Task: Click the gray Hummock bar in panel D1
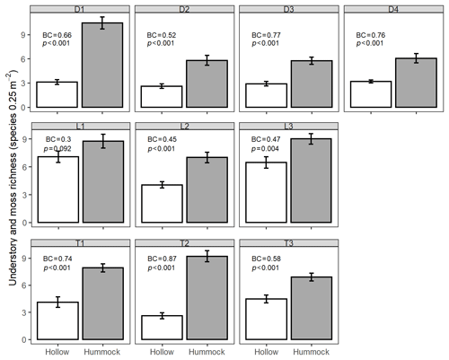[102, 65]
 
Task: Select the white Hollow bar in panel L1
[58, 189]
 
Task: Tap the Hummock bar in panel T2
[207, 298]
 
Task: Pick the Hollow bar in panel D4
[371, 94]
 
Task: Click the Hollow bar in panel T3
[267, 319]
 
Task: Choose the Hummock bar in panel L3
[311, 180]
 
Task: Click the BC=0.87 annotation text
[162, 259]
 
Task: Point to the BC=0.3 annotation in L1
[58, 139]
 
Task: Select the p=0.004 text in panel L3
[265, 149]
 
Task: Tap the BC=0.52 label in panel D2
[162, 35]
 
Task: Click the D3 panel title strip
[289, 9]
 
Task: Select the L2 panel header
[184, 126]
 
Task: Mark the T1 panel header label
[80, 243]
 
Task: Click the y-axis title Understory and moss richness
[13, 178]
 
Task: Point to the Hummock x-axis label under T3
[312, 352]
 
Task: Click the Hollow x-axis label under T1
[57, 352]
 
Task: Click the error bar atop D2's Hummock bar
[207, 60]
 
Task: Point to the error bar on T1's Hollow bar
[57, 303]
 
